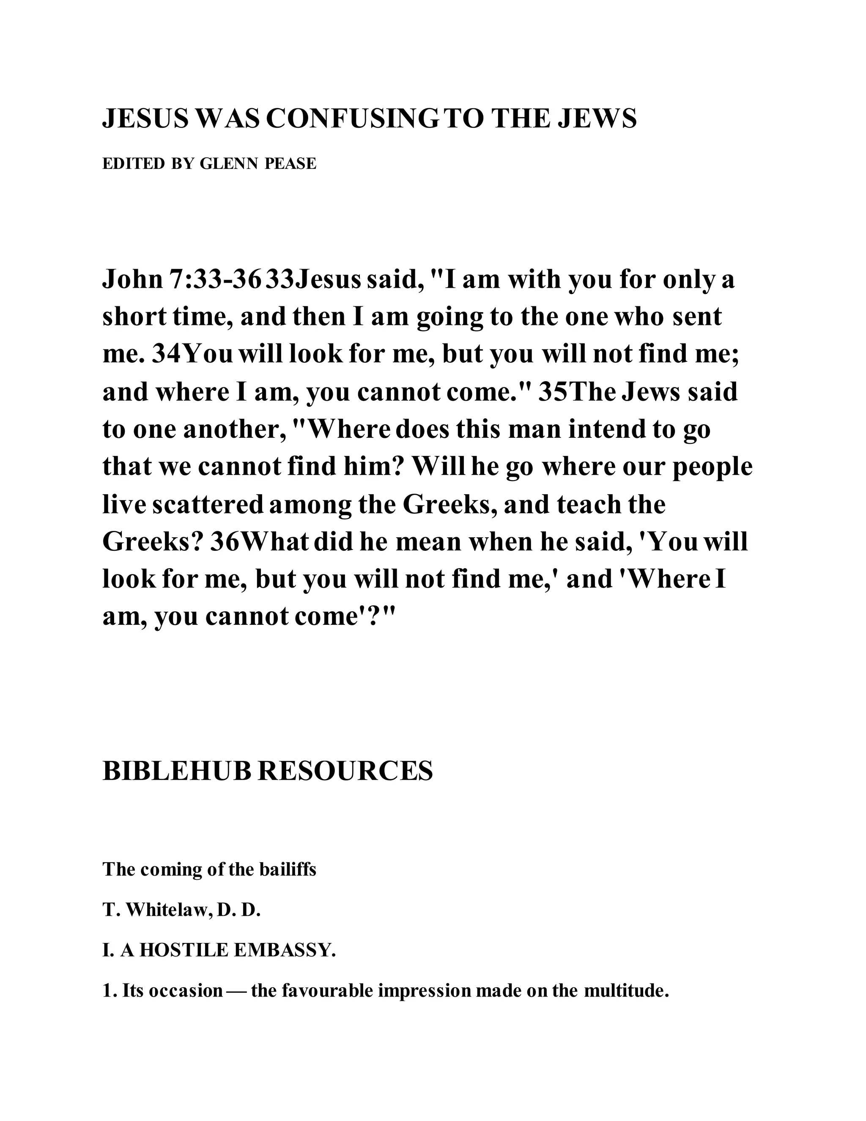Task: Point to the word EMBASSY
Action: click(x=285, y=951)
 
